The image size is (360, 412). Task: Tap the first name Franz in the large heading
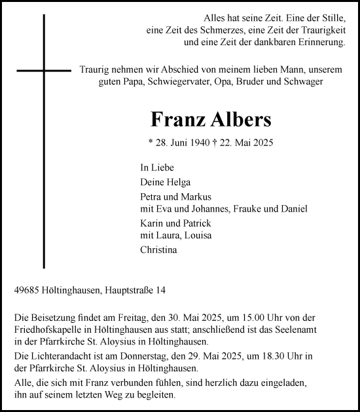pos(172,120)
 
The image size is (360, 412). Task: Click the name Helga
pos(177,181)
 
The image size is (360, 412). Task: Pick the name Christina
pos(158,249)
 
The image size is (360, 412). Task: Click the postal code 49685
pos(27,289)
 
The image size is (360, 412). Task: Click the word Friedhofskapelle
pos(46,329)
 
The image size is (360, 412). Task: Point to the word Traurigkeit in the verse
pos(319,30)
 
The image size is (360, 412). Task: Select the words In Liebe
pos(155,168)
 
